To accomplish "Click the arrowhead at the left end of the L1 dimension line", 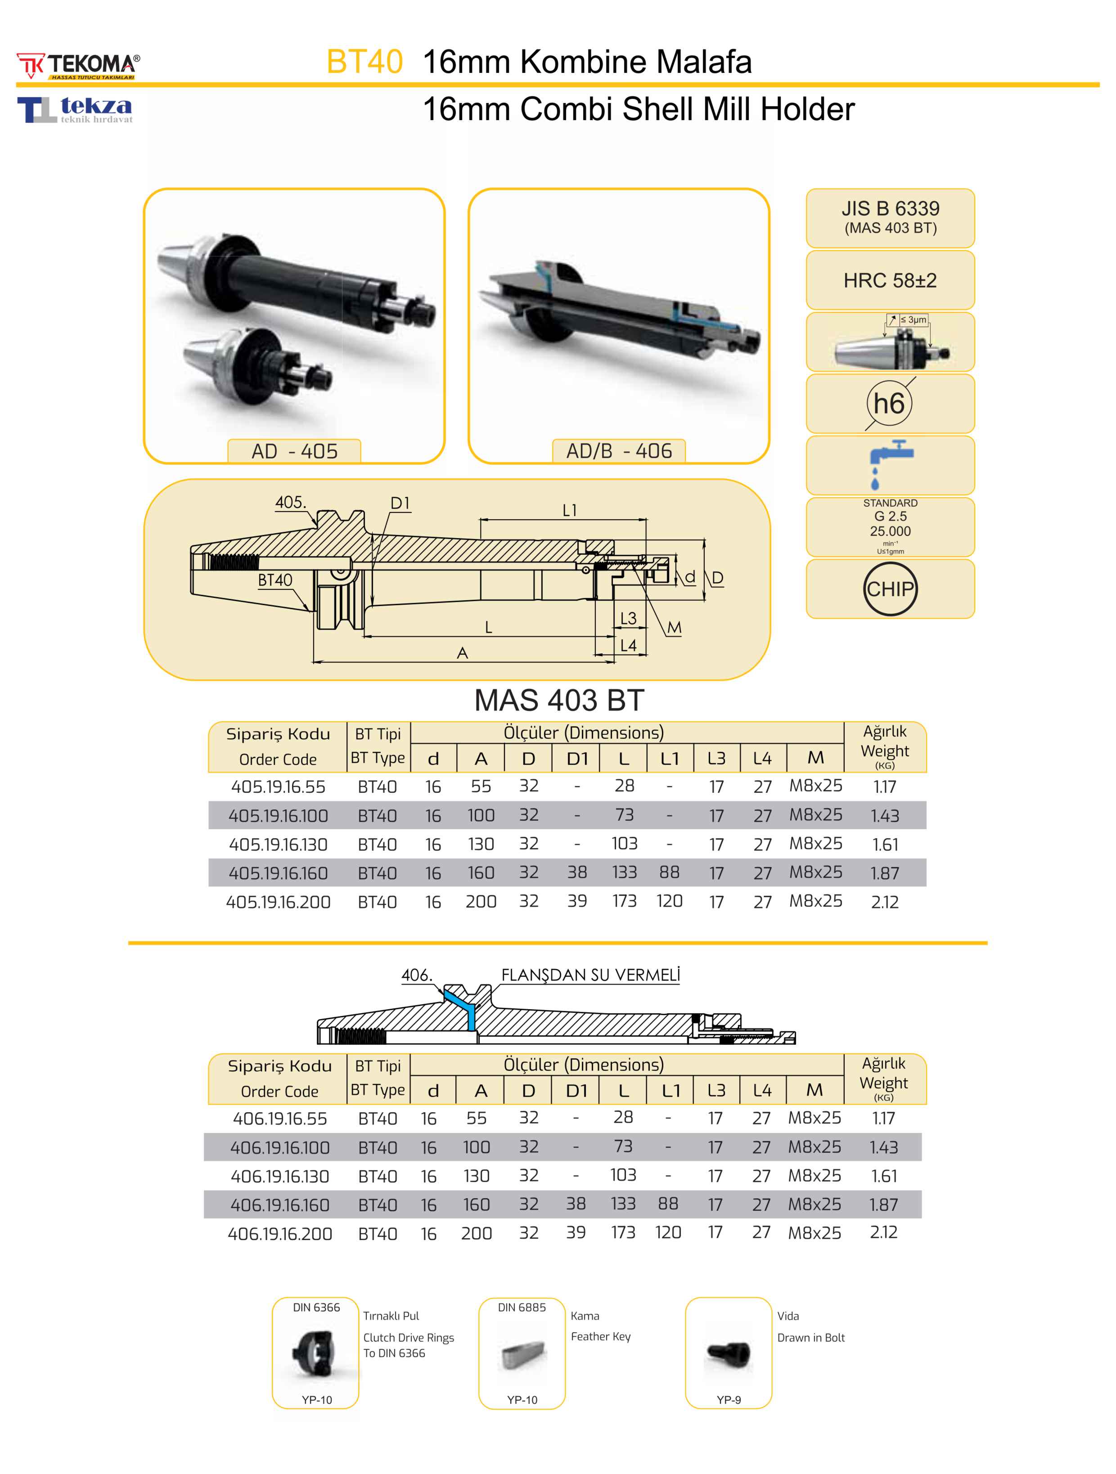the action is coord(481,519).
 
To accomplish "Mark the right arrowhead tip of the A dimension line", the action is coord(614,662).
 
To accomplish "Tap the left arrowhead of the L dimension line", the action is coord(364,636).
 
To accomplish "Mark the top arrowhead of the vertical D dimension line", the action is coord(705,542).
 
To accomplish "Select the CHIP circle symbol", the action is coord(890,589).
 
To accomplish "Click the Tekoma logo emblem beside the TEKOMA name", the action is coord(31,65).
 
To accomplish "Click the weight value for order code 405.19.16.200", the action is coord(884,902).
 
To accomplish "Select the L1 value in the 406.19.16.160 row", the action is coord(668,1204).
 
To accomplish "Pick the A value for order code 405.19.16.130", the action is coord(481,844).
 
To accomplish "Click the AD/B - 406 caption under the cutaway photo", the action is coord(619,451).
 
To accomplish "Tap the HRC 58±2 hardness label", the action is coord(890,281).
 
